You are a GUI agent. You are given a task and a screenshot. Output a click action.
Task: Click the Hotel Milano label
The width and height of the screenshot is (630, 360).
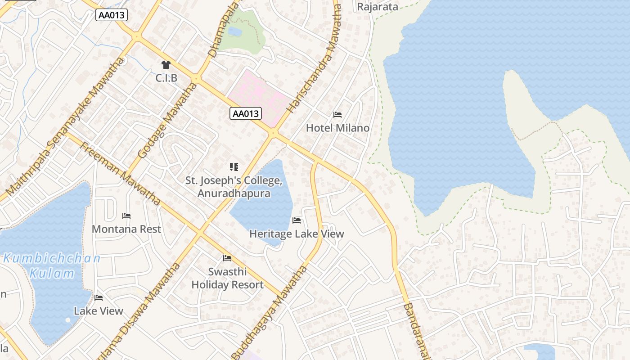pos(337,128)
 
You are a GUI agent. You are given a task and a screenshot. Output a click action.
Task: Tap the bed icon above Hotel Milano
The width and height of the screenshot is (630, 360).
pos(337,115)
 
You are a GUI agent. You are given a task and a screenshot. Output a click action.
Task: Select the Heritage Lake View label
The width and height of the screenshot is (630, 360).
pos(297,234)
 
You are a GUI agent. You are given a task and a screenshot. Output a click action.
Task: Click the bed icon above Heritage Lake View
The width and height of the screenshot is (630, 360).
pos(297,220)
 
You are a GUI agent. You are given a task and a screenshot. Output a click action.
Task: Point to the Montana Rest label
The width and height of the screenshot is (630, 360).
pos(126,229)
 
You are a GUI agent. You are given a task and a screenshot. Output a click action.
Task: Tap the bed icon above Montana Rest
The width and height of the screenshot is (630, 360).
pos(126,216)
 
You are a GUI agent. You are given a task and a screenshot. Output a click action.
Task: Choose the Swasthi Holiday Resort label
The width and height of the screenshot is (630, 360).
pos(227,278)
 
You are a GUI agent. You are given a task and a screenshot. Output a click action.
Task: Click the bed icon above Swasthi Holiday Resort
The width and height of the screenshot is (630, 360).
pos(227,258)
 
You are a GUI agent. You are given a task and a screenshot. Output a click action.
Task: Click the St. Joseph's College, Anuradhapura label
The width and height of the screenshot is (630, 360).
pos(234,187)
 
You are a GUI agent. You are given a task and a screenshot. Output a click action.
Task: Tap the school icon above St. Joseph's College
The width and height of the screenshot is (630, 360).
pos(234,167)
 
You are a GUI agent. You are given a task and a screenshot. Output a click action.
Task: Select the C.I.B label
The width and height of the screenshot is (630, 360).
pos(166,78)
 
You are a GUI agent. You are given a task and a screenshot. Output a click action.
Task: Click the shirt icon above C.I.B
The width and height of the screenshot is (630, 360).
pos(166,65)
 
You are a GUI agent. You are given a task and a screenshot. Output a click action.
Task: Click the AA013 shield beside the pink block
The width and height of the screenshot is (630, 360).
pos(246,113)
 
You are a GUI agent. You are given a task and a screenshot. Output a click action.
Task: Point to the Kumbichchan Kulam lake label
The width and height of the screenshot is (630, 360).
pos(52,266)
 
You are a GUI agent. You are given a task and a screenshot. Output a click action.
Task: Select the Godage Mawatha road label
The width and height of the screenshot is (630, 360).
pos(167,120)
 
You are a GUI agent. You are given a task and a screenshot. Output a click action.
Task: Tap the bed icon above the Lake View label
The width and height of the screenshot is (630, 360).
pos(99,298)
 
